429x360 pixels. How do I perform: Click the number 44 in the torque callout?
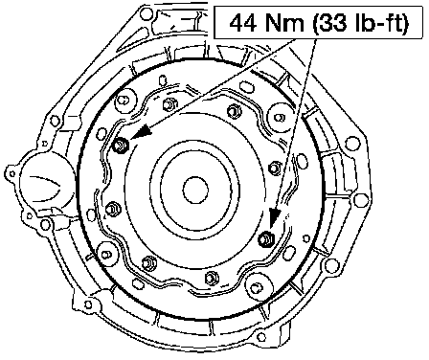[242, 23]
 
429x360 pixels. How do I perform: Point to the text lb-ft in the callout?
[379, 23]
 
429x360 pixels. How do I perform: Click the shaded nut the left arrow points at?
[122, 146]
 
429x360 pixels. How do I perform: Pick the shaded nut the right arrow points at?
[266, 239]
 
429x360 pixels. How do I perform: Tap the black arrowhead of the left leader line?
[141, 131]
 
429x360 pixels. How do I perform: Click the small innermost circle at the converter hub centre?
[195, 191]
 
